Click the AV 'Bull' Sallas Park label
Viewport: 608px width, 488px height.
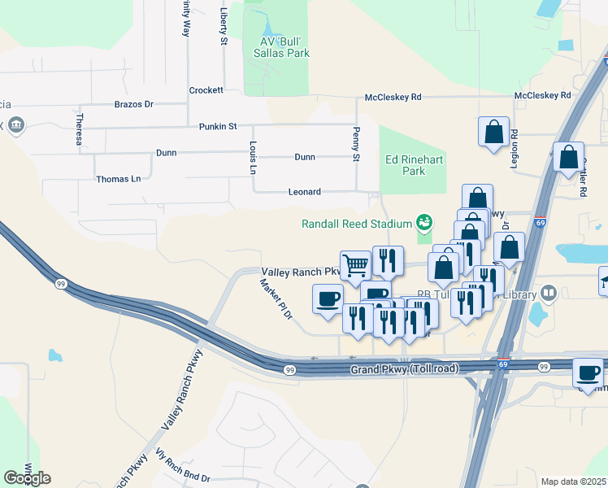276,46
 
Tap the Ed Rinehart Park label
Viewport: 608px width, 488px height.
414,166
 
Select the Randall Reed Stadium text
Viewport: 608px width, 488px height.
358,224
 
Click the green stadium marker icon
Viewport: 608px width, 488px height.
423,221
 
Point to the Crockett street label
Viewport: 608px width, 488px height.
206,90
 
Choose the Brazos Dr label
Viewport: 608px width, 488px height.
134,104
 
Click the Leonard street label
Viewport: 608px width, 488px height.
305,192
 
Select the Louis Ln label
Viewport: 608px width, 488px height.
252,157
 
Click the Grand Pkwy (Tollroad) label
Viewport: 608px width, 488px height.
405,370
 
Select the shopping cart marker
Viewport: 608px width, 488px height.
355,265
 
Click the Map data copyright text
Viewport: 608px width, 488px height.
573,481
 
